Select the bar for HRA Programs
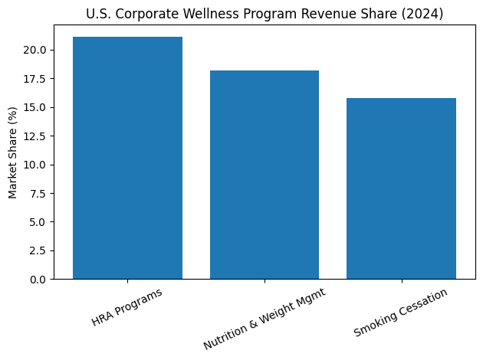coord(127,158)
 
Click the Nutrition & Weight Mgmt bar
coord(264,175)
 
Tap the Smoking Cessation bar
coord(401,188)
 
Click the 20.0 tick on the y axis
coord(36,51)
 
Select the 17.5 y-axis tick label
coord(36,79)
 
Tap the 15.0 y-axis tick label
coord(36,108)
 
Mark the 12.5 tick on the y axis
coord(36,136)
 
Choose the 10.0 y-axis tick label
coord(36,165)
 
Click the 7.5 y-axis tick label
coord(38,194)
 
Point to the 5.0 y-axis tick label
coord(38,222)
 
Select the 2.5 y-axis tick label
coord(38,250)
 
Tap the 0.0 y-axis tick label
coord(38,280)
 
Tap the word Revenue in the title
coord(327,13)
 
